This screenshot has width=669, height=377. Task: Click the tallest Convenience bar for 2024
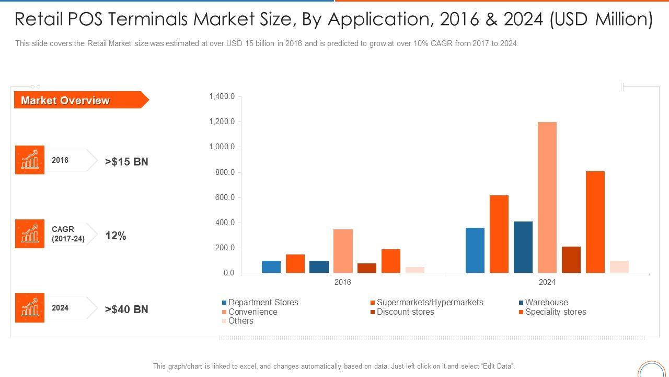tap(547, 197)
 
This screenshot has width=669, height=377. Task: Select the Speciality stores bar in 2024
tap(595, 222)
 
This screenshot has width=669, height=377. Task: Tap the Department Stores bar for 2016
tap(271, 267)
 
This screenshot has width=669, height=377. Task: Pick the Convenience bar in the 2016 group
tap(343, 251)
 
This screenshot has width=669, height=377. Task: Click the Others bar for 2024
tap(619, 267)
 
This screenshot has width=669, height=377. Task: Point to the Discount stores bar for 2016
tap(367, 268)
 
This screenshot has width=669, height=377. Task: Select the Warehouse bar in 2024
tap(523, 247)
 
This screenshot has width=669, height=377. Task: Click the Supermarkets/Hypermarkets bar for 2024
tap(499, 234)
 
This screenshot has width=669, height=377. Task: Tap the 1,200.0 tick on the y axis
tap(222, 121)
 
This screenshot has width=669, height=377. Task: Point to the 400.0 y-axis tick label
tap(224, 223)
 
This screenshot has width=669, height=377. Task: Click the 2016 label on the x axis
tap(343, 282)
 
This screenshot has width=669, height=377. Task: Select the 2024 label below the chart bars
tap(547, 282)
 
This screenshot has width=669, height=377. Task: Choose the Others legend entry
tap(240, 321)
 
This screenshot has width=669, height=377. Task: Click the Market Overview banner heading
tap(65, 101)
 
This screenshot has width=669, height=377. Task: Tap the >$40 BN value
tap(126, 309)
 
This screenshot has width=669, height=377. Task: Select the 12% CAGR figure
tap(116, 236)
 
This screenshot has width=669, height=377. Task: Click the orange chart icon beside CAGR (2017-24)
tap(30, 234)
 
